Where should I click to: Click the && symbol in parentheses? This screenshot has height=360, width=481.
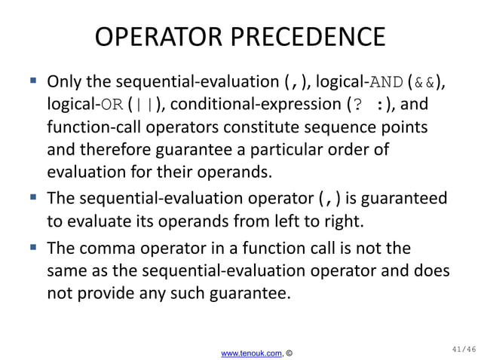pos(424,81)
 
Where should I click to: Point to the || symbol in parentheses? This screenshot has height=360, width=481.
pos(141,103)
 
